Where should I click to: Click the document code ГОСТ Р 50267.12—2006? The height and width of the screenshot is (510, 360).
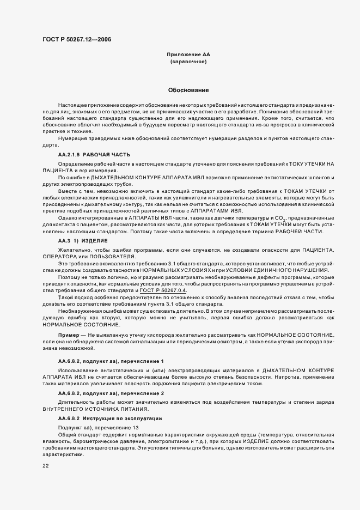pos(77,39)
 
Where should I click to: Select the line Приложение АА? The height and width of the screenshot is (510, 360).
pos(188,55)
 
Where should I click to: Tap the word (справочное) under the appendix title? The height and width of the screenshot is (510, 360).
pos(188,62)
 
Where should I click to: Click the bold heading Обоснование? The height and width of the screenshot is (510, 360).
pos(188,90)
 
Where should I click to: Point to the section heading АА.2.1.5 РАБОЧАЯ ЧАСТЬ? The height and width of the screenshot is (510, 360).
pos(94,155)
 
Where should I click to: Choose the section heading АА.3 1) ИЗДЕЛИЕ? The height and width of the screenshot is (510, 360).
pos(83,240)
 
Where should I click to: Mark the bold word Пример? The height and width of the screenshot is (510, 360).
pos(69,333)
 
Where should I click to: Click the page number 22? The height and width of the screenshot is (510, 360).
pos(46,466)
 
